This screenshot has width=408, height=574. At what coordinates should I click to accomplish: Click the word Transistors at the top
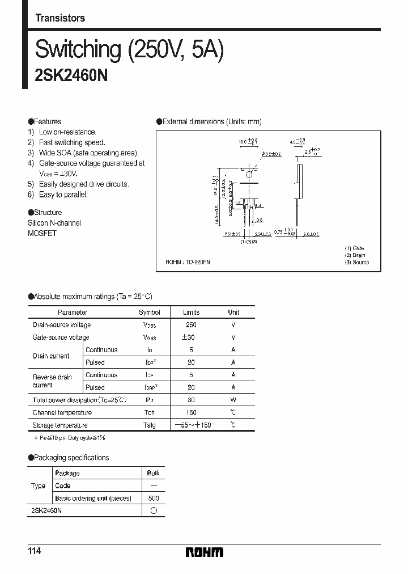point(60,18)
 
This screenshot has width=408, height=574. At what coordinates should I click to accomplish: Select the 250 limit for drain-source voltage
point(191,325)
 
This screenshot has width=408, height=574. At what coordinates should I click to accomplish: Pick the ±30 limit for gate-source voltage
point(191,337)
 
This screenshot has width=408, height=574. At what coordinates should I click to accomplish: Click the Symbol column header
point(150,313)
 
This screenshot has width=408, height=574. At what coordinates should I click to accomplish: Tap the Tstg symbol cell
point(149,425)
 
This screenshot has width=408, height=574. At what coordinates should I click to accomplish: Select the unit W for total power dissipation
point(233,400)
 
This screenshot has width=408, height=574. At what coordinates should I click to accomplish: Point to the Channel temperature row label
point(62,412)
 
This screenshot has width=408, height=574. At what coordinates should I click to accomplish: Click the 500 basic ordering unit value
point(153,498)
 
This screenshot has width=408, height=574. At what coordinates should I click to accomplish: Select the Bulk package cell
point(153,473)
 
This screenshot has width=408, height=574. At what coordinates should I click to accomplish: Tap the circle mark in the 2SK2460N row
point(153,510)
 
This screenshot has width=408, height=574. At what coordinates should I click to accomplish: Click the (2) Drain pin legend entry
point(355,255)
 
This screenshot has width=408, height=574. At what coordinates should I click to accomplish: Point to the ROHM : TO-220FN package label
point(188,263)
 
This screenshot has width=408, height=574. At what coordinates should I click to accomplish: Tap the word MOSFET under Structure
point(42,233)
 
